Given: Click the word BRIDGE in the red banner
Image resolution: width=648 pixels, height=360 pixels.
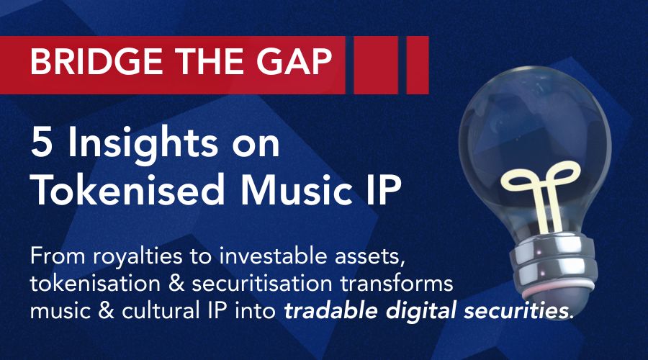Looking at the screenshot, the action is coord(96,62).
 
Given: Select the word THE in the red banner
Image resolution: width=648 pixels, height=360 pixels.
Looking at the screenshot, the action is coord(209,62).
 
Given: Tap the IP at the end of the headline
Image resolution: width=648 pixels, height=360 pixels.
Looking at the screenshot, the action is coord(384,189).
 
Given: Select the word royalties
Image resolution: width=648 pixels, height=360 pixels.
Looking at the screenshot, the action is coord(137,257).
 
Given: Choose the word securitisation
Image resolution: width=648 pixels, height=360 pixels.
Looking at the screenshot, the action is coord(262,284).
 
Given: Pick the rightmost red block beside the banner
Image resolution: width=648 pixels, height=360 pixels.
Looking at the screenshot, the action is coord(418,65).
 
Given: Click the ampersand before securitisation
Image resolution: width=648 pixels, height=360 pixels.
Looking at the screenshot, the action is coord(176,284).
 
